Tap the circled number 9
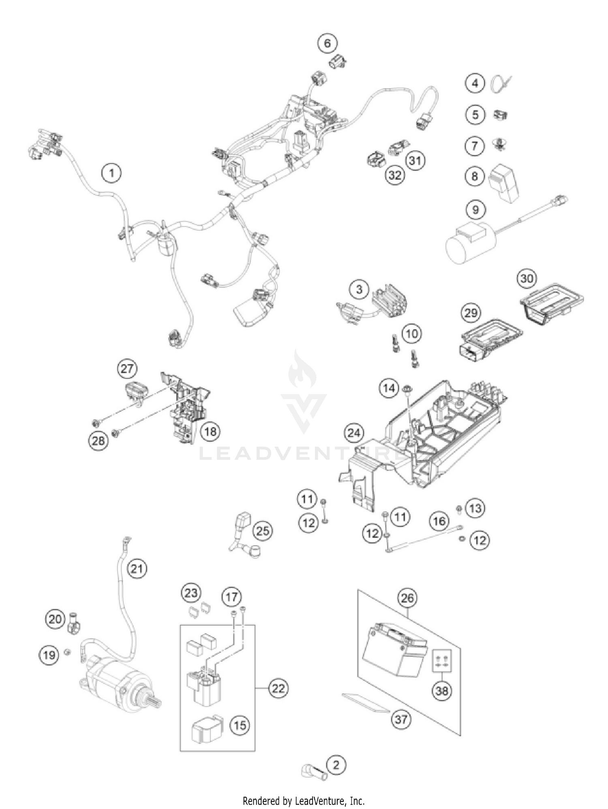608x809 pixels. click(475, 209)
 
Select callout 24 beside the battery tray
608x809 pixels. click(354, 433)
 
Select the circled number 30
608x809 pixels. click(527, 278)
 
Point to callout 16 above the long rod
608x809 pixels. click(439, 521)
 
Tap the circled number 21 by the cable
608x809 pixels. click(137, 569)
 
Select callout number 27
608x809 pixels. click(127, 369)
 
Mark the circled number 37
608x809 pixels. click(401, 719)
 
